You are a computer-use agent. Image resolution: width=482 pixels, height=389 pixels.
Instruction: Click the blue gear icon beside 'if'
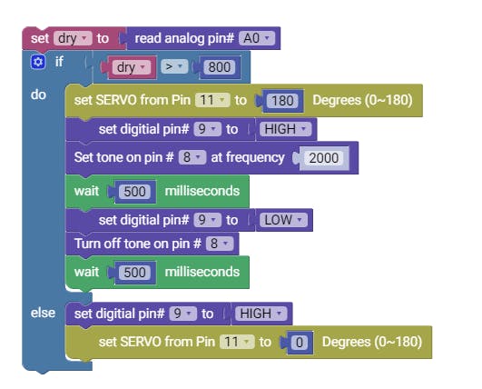coord(38,62)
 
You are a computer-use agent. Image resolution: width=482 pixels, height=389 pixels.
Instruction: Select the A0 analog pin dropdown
coord(257,38)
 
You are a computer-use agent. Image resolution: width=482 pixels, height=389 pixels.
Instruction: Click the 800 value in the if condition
coord(220,67)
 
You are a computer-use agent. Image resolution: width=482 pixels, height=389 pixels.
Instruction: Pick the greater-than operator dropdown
coord(174,66)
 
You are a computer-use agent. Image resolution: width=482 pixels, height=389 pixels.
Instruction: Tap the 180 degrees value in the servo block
coord(282,101)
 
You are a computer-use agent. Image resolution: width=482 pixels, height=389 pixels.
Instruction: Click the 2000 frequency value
coord(324,158)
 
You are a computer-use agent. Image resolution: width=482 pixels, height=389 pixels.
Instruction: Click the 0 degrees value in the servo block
coord(300,343)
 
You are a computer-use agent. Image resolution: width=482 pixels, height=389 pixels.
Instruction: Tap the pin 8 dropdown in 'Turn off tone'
coord(220,244)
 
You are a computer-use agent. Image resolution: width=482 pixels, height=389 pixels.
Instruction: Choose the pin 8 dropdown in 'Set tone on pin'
coord(192,157)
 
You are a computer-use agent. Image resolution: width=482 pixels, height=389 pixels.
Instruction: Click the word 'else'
coord(43,313)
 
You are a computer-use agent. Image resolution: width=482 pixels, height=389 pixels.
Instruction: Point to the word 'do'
coord(38,95)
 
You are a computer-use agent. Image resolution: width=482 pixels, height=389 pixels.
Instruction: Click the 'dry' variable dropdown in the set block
coord(73,38)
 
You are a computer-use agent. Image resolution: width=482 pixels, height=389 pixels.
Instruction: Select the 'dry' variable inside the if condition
coord(132,67)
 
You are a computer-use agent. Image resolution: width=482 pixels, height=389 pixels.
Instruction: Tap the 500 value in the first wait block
coord(134,192)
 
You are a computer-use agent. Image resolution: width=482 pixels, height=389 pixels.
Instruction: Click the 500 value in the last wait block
coord(134,273)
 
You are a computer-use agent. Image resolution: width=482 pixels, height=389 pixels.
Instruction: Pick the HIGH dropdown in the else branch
coord(261,314)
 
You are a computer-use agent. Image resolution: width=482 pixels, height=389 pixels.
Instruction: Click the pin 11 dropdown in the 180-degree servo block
coord(212,100)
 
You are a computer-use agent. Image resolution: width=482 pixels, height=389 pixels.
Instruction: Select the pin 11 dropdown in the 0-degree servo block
coord(237,342)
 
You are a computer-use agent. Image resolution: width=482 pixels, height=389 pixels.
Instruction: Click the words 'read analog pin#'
coord(184,38)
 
